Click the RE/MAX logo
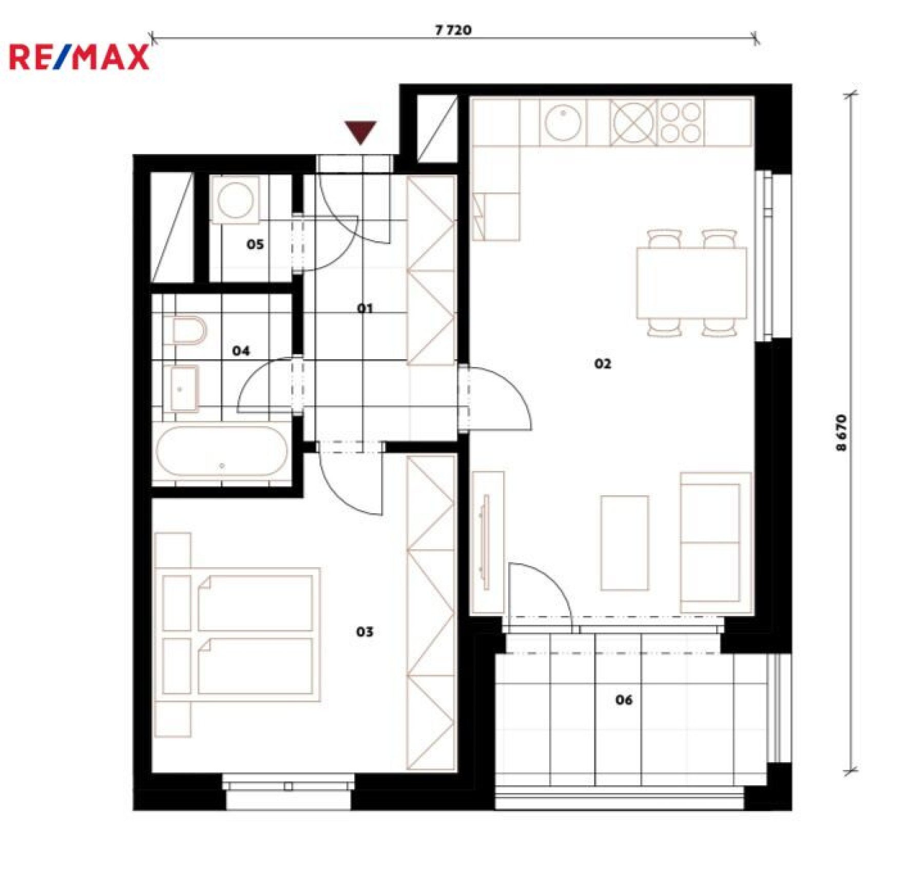pos(80,56)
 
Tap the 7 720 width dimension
pos(453,30)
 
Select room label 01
pos(365,308)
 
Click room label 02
pos(603,364)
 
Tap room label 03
pos(365,632)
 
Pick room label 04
pos(241,351)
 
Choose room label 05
pos(255,244)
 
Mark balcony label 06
pos(624,700)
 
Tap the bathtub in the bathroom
pos(222,452)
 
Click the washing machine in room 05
pos(236,200)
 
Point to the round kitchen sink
pos(563,123)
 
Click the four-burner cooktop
pos(680,123)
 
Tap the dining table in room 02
pos(691,283)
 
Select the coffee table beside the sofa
pos(625,543)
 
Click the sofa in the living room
pos(716,542)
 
